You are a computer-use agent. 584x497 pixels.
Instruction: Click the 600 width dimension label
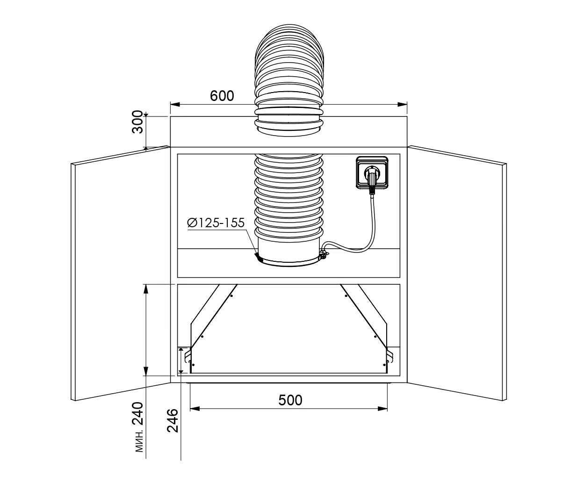point(222,96)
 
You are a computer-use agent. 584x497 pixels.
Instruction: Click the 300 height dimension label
point(138,122)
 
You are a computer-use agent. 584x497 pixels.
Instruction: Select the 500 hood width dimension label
point(290,400)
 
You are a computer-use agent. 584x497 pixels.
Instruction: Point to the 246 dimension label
point(173,420)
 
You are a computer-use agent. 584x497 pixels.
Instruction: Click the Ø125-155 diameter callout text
point(216,223)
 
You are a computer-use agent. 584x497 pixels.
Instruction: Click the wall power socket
point(372,173)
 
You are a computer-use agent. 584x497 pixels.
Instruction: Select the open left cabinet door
point(121,273)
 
